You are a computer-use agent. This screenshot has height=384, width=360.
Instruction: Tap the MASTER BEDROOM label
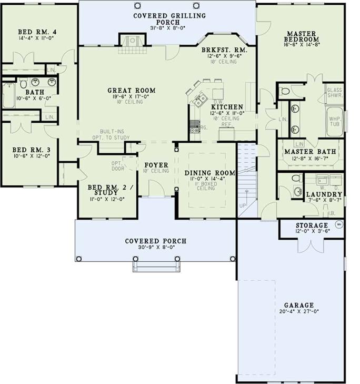(301, 36)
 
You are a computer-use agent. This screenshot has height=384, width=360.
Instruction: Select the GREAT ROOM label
(126, 90)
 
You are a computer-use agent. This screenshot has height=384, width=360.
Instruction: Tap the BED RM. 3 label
(31, 149)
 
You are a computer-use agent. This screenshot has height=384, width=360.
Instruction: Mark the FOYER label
(156, 165)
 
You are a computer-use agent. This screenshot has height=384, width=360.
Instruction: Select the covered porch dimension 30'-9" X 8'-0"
(155, 248)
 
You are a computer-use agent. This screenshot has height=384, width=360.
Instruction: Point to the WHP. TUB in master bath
(335, 122)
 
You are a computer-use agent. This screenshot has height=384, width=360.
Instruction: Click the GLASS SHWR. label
(335, 93)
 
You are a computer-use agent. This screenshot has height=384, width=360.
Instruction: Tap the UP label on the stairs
(243, 205)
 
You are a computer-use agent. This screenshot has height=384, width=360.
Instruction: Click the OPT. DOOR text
(117, 166)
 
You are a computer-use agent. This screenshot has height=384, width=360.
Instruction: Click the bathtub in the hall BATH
(9, 97)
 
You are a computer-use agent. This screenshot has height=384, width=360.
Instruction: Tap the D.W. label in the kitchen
(217, 102)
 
